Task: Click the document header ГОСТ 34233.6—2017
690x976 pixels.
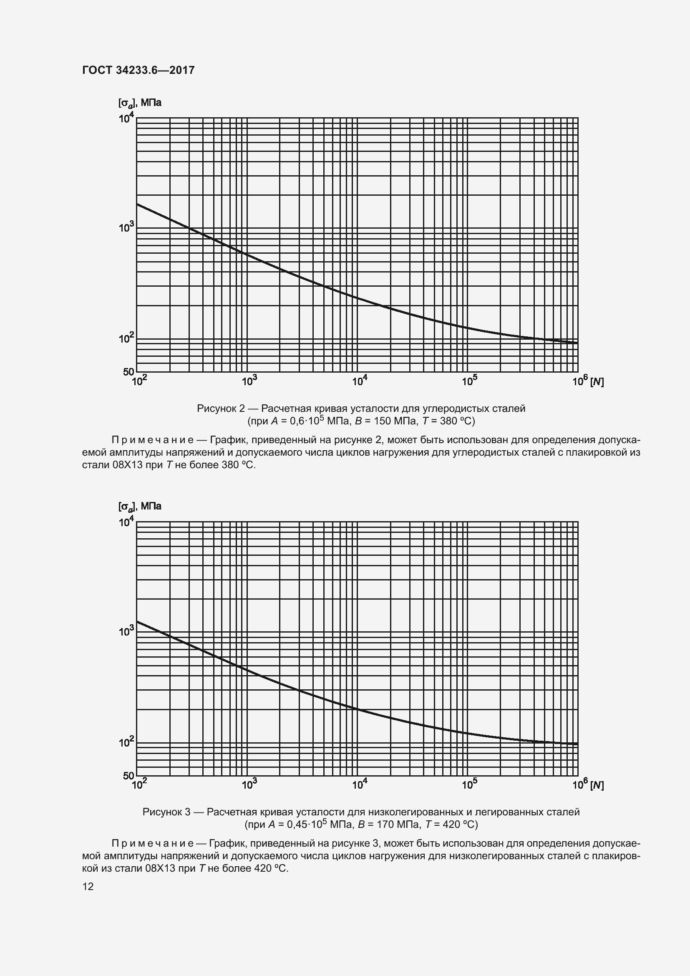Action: [x=139, y=70]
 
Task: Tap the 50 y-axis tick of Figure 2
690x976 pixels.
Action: [x=128, y=371]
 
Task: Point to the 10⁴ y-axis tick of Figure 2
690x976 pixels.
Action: [x=126, y=118]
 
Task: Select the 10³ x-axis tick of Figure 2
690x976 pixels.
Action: [x=249, y=381]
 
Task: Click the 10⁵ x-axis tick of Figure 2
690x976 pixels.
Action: [x=469, y=381]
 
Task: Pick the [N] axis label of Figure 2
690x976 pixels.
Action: [x=597, y=382]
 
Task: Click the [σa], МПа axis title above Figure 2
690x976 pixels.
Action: [x=140, y=103]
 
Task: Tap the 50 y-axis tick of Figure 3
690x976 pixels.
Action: [x=128, y=775]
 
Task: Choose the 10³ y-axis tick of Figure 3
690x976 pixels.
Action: [x=126, y=631]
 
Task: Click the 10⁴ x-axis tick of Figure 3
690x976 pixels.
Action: [x=360, y=785]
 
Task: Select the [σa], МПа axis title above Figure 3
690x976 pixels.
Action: [x=140, y=506]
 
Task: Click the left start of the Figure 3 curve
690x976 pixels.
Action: [x=138, y=622]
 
